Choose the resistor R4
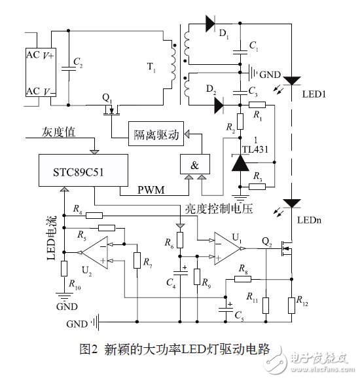[x=94, y=214]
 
